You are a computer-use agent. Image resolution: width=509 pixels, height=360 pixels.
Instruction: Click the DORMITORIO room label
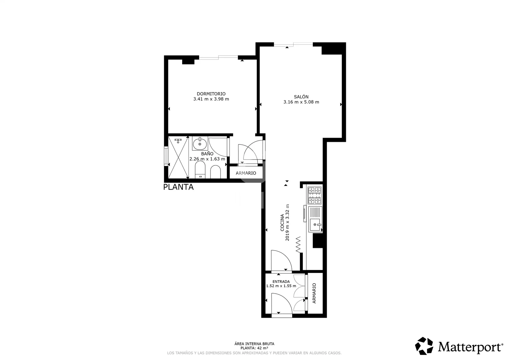coord(211,94)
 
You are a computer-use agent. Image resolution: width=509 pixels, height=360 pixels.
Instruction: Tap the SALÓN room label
coord(301,97)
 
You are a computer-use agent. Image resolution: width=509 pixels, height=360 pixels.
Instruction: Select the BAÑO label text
coord(207,153)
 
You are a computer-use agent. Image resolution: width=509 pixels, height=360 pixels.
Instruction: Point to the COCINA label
coord(282,223)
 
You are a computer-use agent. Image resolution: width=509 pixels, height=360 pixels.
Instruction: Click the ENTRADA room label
coord(281,282)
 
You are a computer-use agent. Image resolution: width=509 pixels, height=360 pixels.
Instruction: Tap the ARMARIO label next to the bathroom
coord(246,173)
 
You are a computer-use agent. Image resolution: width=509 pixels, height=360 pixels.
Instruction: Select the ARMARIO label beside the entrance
coord(314,293)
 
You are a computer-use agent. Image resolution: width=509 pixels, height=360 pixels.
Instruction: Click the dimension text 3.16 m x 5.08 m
coord(301,102)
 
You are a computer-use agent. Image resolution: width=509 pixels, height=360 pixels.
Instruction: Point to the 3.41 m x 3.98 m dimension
coord(211,99)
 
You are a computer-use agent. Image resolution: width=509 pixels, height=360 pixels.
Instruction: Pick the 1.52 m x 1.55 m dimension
coord(281,286)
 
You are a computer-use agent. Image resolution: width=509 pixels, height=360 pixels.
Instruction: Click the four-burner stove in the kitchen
coord(315,196)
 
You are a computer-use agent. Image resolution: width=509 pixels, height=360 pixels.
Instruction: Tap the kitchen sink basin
coord(315,225)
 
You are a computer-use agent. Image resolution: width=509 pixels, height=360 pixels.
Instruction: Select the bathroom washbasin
coord(200,143)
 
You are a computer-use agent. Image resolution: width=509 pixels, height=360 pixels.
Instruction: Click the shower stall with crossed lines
coord(178,157)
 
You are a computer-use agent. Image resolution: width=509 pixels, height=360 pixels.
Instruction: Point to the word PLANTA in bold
coord(178,187)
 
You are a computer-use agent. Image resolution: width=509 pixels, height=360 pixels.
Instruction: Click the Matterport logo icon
coord(424,346)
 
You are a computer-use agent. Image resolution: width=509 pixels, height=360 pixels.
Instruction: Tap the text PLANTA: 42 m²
coord(254,348)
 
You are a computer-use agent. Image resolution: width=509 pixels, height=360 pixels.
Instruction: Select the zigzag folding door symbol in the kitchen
coord(298,244)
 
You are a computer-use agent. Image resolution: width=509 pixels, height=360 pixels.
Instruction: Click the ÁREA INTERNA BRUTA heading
coord(254,344)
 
